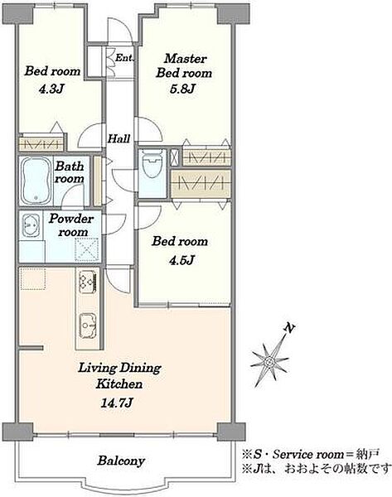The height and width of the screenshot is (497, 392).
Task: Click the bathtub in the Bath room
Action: [36, 181]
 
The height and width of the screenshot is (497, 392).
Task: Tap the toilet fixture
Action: [152, 164]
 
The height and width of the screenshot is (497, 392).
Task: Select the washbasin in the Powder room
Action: [31, 225]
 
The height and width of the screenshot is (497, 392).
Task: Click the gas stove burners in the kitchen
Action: [87, 282]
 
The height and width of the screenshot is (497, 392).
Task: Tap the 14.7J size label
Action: [117, 403]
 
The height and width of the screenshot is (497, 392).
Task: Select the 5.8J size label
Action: [182, 89]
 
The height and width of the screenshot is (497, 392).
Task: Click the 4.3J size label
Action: [51, 89]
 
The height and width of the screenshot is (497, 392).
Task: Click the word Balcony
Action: [121, 461]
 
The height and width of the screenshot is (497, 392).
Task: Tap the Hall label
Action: [119, 138]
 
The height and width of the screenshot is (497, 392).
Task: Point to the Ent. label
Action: [124, 58]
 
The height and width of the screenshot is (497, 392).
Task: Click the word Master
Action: [186, 59]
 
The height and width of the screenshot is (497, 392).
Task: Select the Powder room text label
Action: [71, 225]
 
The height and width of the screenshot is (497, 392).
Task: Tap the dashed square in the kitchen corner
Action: [32, 278]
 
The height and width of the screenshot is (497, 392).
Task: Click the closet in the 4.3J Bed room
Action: [41, 144]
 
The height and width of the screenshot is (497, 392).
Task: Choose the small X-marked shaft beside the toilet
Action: [175, 157]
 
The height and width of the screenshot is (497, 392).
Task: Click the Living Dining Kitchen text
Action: [119, 376]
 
